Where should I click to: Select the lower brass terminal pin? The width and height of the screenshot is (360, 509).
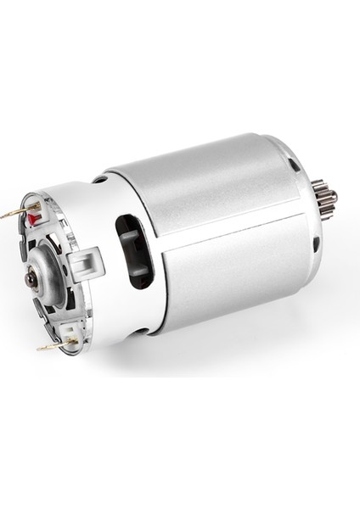tap(50, 345)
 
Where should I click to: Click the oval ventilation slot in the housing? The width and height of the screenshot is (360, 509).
tap(134, 252)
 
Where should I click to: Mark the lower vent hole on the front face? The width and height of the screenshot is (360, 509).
tap(316, 244)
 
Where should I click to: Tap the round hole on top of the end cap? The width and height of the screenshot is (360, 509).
tap(101, 180)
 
